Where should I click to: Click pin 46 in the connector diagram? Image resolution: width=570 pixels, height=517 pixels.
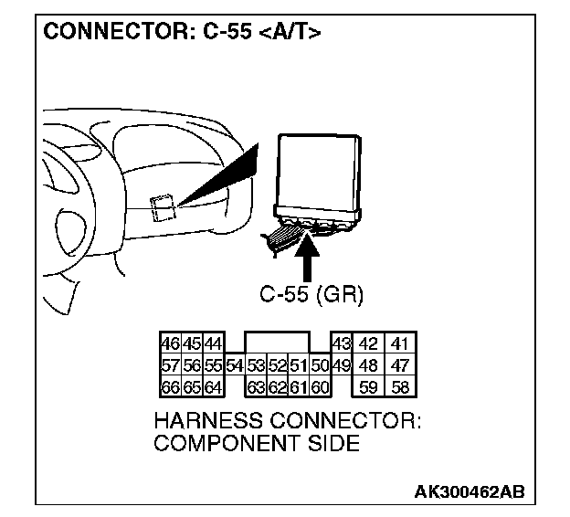169,344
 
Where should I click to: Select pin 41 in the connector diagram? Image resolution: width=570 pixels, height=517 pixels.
398,344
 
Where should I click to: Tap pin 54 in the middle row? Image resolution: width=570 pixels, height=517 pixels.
235,365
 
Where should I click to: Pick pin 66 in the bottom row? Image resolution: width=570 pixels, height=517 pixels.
169,386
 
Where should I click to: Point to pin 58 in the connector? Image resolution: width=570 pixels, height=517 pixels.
398,386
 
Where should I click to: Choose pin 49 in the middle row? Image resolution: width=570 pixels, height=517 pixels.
340,365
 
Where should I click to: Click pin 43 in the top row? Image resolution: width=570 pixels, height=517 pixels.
340,344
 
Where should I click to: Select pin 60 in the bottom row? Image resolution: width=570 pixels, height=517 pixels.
319,386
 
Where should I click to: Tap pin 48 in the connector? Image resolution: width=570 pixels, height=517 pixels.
368,365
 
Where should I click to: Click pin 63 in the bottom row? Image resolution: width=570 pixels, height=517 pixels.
257,386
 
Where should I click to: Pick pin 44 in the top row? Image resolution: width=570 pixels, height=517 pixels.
212,344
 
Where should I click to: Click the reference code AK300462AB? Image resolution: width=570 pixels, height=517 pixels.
470,492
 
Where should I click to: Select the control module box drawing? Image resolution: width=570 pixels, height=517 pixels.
320,174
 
